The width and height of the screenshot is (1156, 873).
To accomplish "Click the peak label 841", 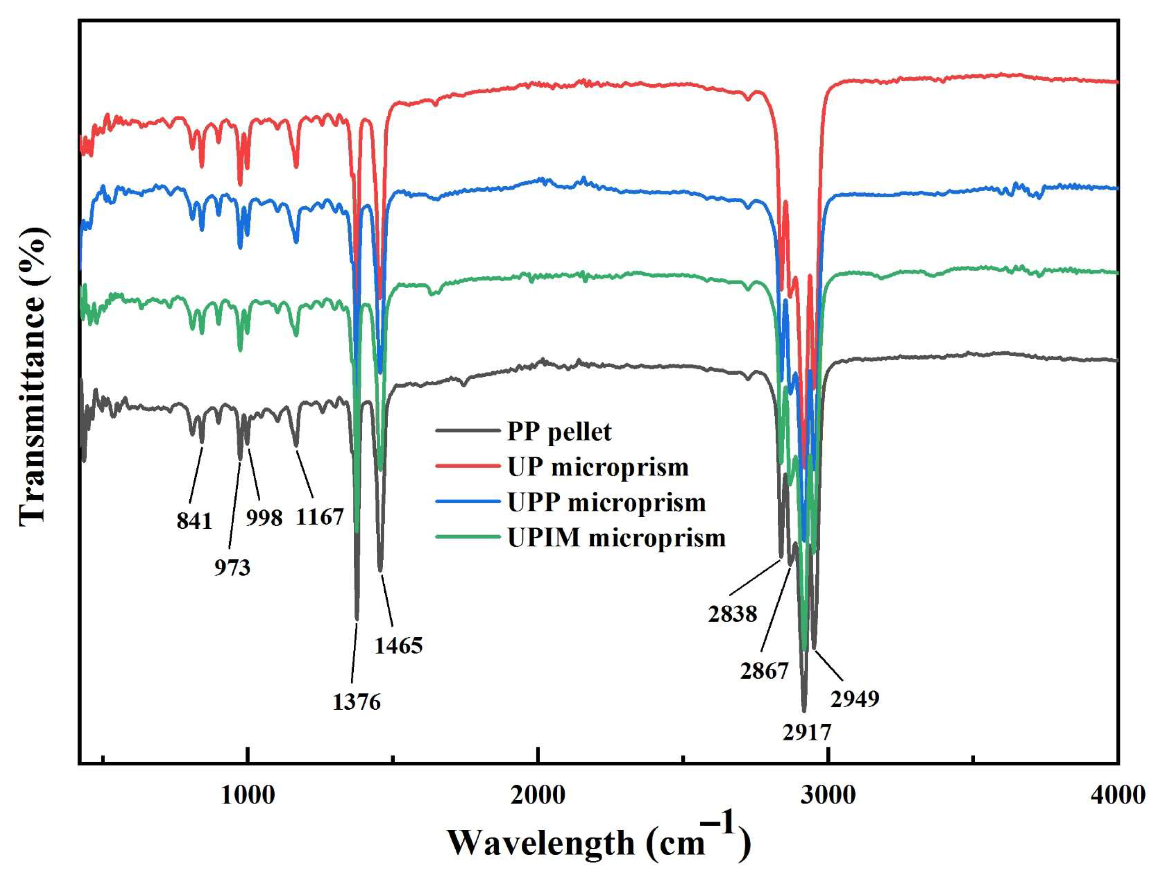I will click(194, 521).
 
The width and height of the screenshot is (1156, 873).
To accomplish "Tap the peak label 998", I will click(264, 518).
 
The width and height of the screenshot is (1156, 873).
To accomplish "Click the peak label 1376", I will click(356, 702).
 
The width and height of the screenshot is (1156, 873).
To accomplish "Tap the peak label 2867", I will click(764, 671).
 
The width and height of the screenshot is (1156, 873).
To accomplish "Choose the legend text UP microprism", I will click(598, 467).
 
